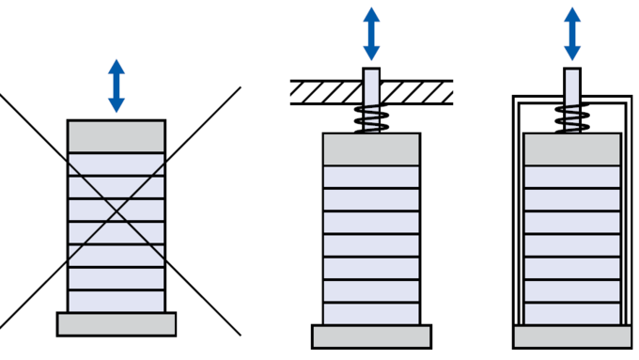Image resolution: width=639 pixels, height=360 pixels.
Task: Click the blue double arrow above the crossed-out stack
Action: pyautogui.click(x=117, y=86)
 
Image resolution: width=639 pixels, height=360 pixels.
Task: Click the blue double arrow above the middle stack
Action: pyautogui.click(x=371, y=34)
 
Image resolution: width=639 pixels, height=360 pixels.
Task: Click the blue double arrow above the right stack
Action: pyautogui.click(x=572, y=34)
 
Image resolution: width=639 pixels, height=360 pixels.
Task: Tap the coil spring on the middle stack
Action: pyautogui.click(x=371, y=119)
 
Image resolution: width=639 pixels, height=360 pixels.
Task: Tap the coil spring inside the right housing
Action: pyautogui.click(x=572, y=119)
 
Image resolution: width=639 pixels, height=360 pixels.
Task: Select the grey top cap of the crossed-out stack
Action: pyautogui.click(x=117, y=136)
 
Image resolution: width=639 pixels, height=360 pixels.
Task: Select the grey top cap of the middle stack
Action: pyautogui.click(x=371, y=149)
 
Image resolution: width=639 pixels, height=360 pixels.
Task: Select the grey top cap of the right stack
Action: pyautogui.click(x=572, y=149)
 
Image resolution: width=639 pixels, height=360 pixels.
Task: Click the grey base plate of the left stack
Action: pyautogui.click(x=117, y=324)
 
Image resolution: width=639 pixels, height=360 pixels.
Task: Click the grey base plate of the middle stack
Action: pyautogui.click(x=371, y=337)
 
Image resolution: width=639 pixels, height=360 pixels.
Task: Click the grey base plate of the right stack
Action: pyautogui.click(x=572, y=337)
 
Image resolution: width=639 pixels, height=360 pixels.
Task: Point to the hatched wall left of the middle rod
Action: pyautogui.click(x=325, y=92)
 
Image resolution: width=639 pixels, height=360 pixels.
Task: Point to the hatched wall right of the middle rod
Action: pyautogui.click(x=417, y=92)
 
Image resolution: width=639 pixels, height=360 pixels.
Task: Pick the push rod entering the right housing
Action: pyautogui.click(x=572, y=85)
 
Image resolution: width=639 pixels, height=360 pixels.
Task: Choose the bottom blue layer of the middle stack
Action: pyautogui.click(x=371, y=314)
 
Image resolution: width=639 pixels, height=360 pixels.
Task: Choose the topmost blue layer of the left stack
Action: pyautogui.click(x=117, y=164)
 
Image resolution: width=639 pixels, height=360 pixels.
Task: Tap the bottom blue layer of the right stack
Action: pyautogui.click(x=572, y=314)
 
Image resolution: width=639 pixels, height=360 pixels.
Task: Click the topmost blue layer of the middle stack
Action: pyautogui.click(x=371, y=177)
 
